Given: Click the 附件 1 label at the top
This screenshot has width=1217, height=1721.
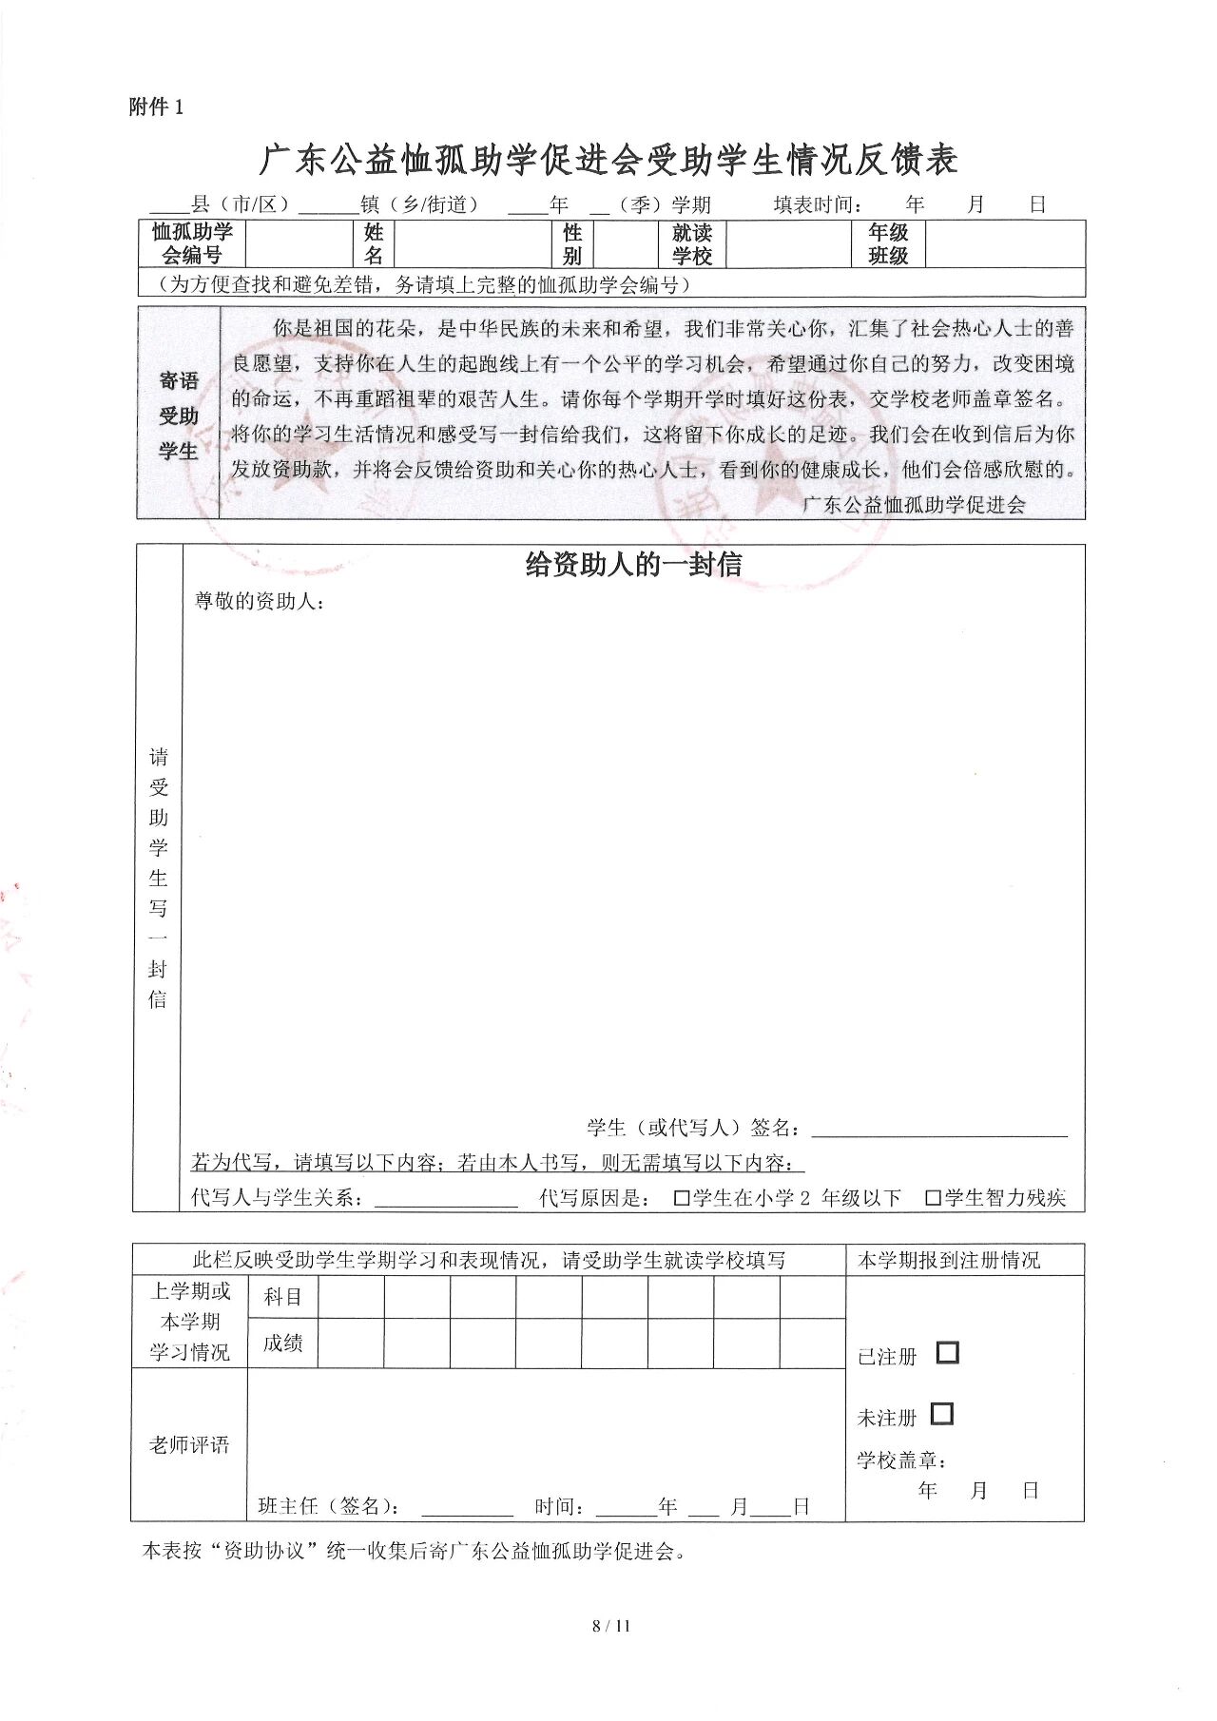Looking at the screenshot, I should coord(156,107).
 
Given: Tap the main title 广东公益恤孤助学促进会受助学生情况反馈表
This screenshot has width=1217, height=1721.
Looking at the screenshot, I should coord(608,160).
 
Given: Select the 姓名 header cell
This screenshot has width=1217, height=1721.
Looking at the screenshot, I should coord(374,243).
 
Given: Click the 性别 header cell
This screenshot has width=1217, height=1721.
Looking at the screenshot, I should coord(572,243).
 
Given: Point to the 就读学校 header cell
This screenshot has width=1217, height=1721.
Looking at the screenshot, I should coord(692,243).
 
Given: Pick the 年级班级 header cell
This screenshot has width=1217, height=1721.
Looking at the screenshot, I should coord(888,243).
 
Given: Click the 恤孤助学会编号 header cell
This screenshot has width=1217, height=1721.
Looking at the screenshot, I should coord(192,243).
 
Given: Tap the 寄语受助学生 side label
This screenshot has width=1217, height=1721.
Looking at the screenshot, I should coord(179,416).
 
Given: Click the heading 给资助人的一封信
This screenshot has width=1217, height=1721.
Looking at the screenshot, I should coord(633,564).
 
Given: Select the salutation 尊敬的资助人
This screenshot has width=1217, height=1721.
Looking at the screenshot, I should coord(259,601).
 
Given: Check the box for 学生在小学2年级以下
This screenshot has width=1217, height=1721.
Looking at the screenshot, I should coord(681,1198).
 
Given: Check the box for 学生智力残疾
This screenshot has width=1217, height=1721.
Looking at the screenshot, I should coord(933,1198).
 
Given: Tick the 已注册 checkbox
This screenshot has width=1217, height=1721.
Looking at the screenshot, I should coord(947,1352).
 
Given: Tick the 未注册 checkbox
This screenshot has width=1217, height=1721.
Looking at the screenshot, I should coord(941,1414).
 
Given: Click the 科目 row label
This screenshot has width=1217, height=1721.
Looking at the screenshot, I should coord(282,1297).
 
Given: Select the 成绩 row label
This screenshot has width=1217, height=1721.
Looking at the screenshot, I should coord(282,1344).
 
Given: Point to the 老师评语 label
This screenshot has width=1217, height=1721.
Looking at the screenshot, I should coord(189,1445).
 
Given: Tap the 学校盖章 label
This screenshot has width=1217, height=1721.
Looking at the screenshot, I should coord(900,1460).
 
